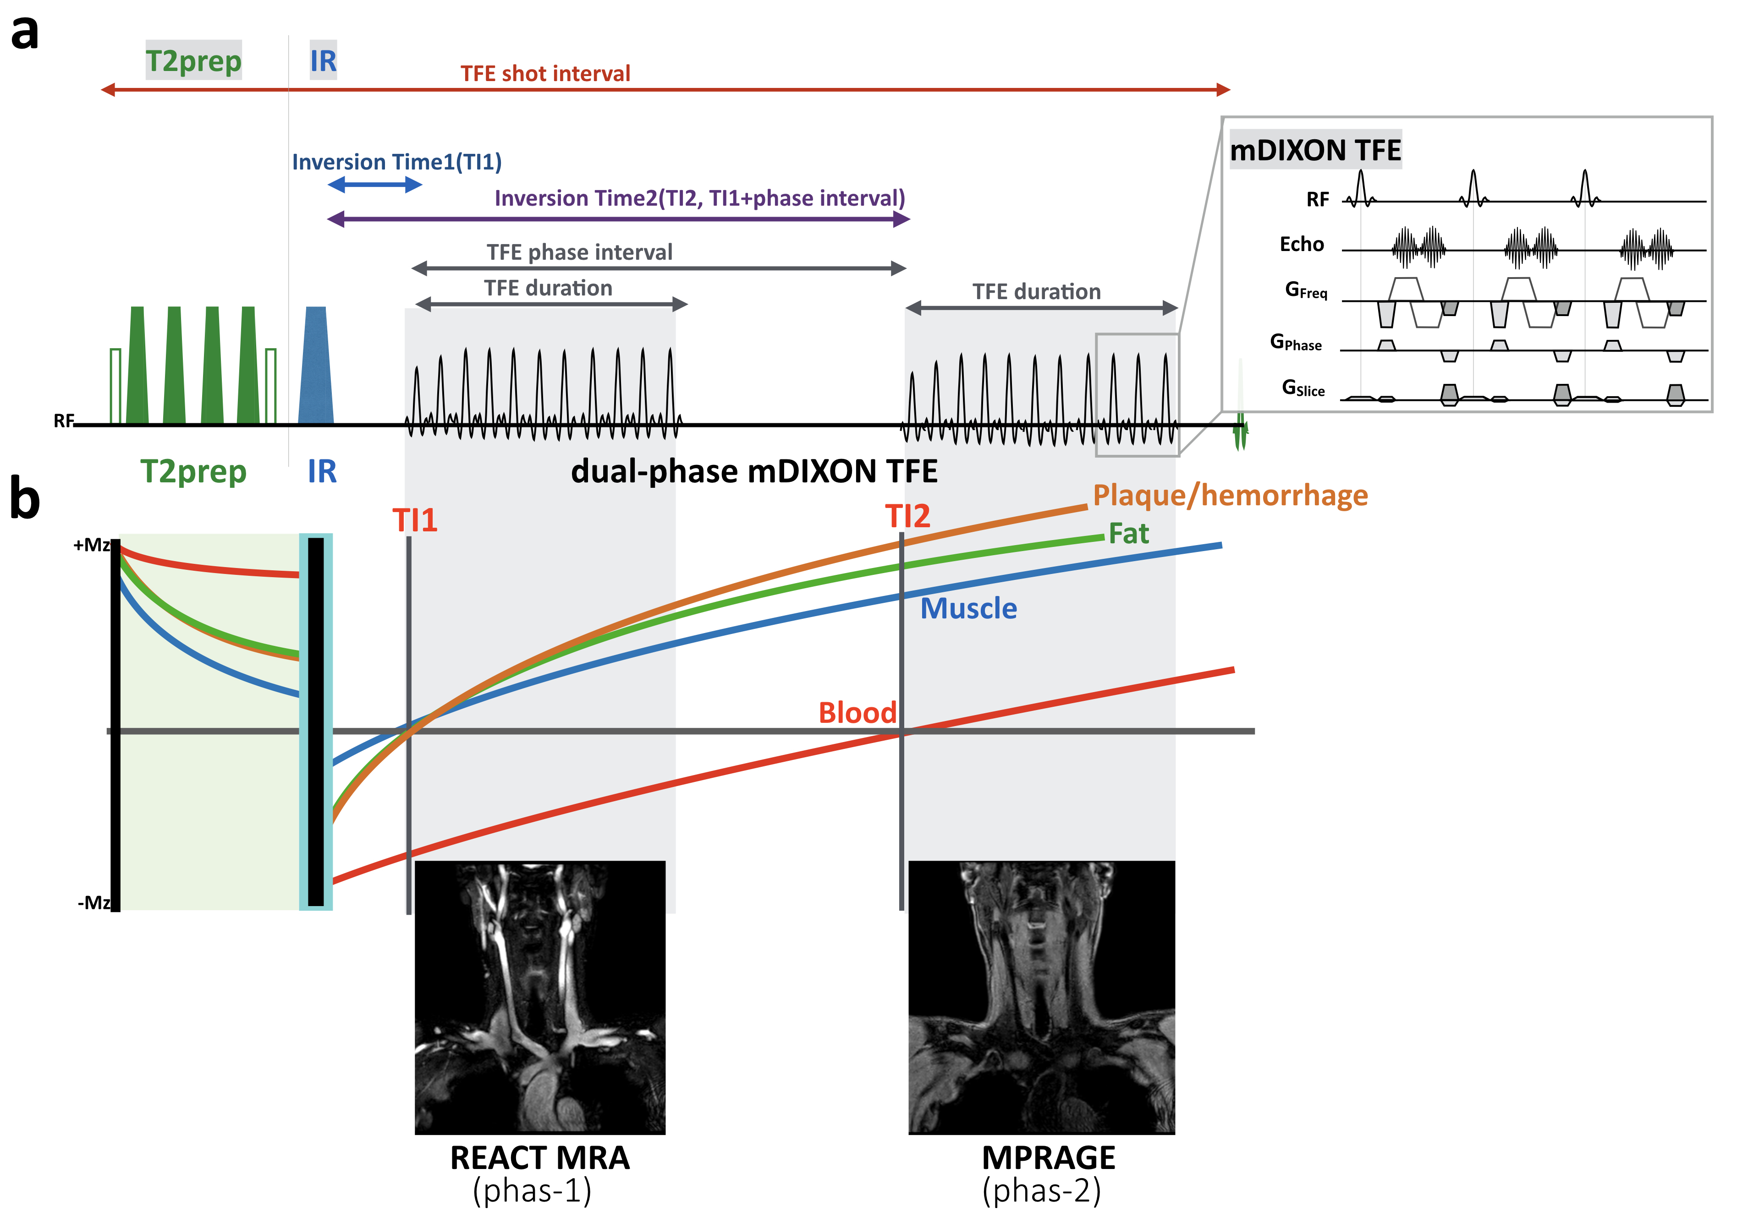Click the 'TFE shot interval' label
(545, 73)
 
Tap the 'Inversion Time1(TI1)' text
(397, 162)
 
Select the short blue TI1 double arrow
(375, 185)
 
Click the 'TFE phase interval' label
(579, 252)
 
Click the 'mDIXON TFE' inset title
(1315, 150)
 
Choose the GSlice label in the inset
(1303, 388)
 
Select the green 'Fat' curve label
(1128, 534)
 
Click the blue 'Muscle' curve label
(968, 608)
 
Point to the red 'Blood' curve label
(857, 712)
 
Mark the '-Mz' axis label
(94, 903)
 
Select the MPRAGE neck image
(1041, 997)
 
